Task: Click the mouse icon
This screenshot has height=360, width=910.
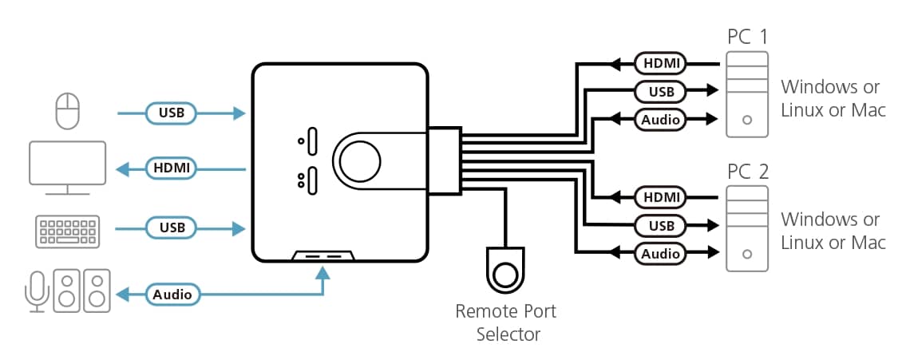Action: tap(68, 111)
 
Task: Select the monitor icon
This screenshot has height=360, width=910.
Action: tap(67, 167)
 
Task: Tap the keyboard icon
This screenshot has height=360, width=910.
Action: tap(67, 229)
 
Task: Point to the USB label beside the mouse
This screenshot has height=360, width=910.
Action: tap(172, 113)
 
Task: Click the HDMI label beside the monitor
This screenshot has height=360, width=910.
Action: tap(172, 168)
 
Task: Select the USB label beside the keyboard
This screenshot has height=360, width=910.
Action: tap(172, 228)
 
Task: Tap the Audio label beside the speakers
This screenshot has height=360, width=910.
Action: tap(172, 295)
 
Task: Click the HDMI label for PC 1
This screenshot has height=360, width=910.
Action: tap(661, 62)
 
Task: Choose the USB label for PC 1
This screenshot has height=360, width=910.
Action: tap(661, 91)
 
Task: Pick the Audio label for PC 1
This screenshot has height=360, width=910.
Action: tap(661, 120)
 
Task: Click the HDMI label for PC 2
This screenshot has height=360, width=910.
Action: tap(661, 196)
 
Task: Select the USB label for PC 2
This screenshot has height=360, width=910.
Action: tap(661, 225)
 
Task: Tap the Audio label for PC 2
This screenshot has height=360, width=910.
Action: tap(661, 254)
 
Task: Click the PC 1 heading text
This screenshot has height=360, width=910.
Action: tap(748, 37)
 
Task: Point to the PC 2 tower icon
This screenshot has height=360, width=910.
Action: tap(747, 228)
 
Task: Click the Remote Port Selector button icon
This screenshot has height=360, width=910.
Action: tap(505, 272)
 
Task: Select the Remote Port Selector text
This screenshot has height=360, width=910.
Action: tap(505, 322)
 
